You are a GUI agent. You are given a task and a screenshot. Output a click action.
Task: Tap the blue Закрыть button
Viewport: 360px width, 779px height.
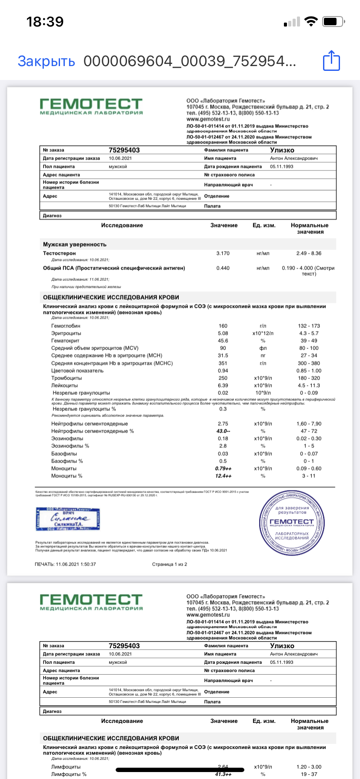[46, 61]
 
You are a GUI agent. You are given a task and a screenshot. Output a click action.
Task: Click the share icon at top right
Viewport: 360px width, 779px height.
[331, 60]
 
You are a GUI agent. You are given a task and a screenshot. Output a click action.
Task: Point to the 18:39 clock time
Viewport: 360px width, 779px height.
[45, 21]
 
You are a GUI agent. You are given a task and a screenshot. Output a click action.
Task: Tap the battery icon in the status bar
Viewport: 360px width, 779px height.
[334, 21]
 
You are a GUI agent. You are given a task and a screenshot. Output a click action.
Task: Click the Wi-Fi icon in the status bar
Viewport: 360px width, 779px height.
[311, 21]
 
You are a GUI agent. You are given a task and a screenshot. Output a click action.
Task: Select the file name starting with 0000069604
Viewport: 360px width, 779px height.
[190, 61]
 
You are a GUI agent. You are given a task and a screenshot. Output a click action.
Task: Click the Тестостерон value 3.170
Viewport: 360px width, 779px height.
[223, 253]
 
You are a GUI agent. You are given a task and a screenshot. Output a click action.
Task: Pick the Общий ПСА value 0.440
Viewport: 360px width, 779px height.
[223, 268]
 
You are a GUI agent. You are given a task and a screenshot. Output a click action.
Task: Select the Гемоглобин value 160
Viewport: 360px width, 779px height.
[223, 326]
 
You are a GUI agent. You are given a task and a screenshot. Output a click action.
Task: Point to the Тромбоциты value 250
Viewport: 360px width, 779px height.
[223, 378]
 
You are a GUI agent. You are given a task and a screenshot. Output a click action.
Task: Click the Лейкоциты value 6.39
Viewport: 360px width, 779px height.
[223, 385]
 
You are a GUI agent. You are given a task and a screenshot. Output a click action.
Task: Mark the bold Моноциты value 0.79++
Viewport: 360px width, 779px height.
[223, 469]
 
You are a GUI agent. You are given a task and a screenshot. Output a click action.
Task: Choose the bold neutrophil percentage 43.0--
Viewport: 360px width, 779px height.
[223, 431]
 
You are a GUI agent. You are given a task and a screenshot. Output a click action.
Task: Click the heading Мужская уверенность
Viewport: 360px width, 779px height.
[75, 244]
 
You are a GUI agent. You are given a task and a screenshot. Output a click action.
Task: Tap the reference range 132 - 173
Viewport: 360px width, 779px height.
[309, 326]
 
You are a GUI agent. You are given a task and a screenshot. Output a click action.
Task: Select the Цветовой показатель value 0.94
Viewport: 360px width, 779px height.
[223, 371]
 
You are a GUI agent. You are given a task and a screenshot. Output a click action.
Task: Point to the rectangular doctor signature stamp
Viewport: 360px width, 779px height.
[68, 519]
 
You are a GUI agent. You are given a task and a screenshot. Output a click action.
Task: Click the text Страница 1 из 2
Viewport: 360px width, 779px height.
[170, 564]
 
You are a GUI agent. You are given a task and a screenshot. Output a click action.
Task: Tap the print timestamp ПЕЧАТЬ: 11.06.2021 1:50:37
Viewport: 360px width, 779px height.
[65, 564]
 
